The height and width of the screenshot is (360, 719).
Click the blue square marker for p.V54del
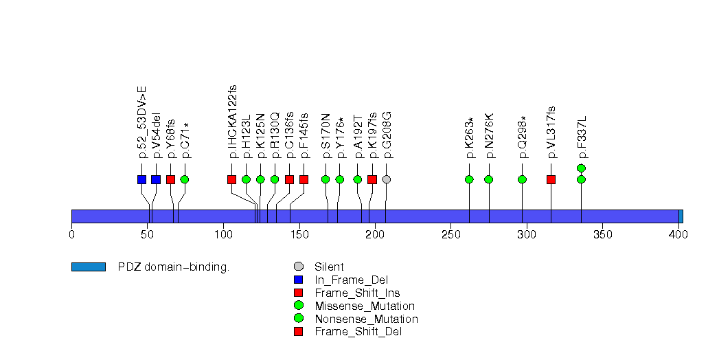[x=156, y=179]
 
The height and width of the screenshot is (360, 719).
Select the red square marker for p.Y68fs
[x=170, y=179]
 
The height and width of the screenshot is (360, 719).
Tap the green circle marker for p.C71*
[x=184, y=179]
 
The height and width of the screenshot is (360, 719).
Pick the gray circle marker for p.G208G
[x=387, y=179]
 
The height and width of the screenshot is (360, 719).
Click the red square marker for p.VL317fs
[x=551, y=179]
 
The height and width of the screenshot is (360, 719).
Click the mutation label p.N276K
[x=489, y=135]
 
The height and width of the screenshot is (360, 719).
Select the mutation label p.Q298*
[x=523, y=137]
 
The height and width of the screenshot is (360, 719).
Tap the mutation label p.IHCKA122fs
[x=233, y=122]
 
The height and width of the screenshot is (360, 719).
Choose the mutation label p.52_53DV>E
[x=142, y=122]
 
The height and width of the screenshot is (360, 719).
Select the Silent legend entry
[x=329, y=267]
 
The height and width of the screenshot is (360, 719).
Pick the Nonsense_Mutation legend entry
[x=366, y=319]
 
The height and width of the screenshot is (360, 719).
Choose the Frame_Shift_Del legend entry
[x=358, y=332]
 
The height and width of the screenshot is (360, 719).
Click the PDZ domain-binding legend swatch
[x=88, y=267]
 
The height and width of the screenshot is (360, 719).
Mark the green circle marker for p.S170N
[x=326, y=179]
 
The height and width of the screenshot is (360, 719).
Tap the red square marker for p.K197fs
[x=372, y=179]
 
